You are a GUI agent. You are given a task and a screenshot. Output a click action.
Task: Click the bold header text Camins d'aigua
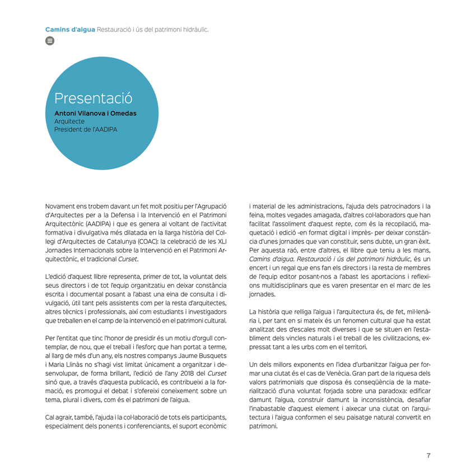coord(70,29)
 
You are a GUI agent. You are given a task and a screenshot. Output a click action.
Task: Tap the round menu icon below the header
coord(49,40)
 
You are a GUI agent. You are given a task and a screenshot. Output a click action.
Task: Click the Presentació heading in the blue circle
coord(93,99)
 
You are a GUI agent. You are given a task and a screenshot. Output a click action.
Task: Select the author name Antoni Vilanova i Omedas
coord(95,113)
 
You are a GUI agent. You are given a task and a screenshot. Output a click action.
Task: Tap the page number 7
coord(428,455)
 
